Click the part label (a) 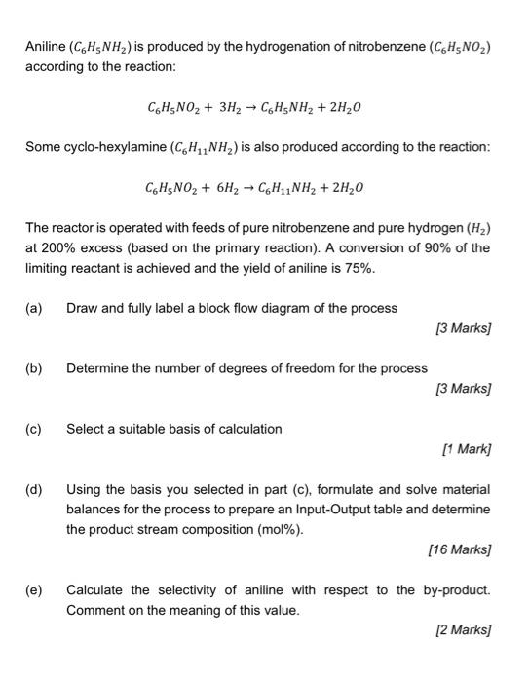coord(34,308)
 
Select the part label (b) coord(34,368)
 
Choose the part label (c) coord(34,429)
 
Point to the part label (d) coord(34,489)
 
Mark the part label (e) coord(34,590)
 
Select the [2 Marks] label coord(463,631)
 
